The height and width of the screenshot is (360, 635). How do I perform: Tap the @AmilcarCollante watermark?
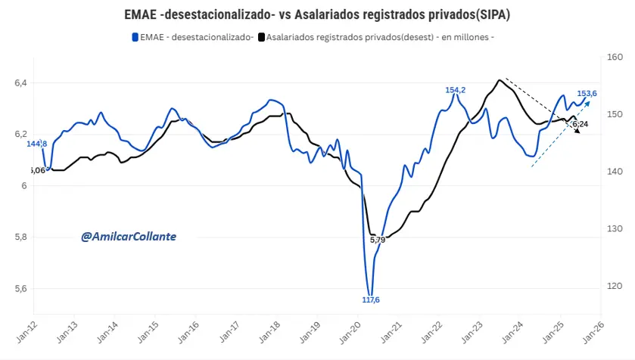pyautogui.click(x=129, y=237)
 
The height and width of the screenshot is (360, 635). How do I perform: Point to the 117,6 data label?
pyautogui.click(x=370, y=300)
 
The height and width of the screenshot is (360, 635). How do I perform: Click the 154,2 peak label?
pyautogui.click(x=455, y=90)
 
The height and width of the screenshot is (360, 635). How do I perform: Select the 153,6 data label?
pyautogui.click(x=587, y=94)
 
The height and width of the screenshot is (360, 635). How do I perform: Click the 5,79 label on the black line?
pyautogui.click(x=378, y=240)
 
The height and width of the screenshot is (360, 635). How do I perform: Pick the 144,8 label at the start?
pyautogui.click(x=37, y=144)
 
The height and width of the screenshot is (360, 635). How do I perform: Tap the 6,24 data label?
pyautogui.click(x=580, y=123)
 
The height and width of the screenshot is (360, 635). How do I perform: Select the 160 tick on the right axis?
pyautogui.click(x=614, y=57)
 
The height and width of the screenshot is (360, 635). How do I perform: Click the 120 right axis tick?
pyautogui.click(x=614, y=286)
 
